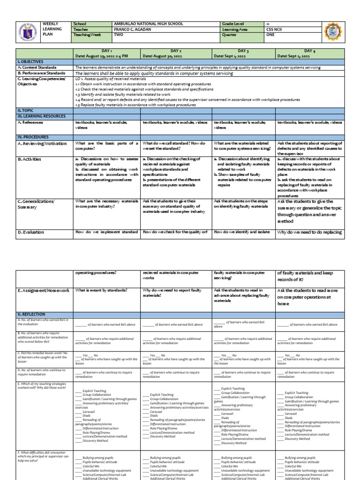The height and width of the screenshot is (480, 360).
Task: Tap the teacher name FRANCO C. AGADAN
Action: pyautogui.click(x=133, y=29)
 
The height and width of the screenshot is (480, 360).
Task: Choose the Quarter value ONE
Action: pyautogui.click(x=269, y=34)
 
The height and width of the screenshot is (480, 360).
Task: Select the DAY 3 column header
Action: pyautogui.click(x=242, y=50)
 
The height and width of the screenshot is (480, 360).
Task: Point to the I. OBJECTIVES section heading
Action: pyautogui.click(x=30, y=61)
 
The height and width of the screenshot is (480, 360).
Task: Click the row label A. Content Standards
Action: pyautogui.click(x=37, y=67)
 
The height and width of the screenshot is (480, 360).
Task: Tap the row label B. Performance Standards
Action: pyautogui.click(x=41, y=73)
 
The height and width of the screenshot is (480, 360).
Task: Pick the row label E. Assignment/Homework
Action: pyautogui.click(x=44, y=291)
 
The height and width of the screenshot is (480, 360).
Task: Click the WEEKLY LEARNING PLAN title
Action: pyautogui.click(x=50, y=29)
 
